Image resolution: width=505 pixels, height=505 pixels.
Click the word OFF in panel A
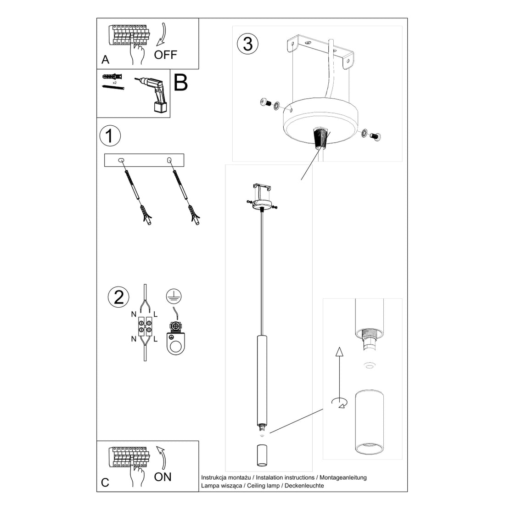[165, 55]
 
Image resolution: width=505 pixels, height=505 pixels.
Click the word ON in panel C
[163, 477]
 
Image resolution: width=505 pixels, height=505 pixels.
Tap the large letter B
[180, 83]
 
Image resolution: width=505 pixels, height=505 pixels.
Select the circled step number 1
[110, 136]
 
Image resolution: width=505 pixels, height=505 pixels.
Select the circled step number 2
[118, 297]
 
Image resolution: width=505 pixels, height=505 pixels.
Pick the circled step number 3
[247, 44]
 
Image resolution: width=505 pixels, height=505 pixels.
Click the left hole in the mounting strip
[121, 160]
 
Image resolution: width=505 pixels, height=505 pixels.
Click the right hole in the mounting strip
[169, 160]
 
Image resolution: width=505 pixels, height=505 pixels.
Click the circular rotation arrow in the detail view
[339, 403]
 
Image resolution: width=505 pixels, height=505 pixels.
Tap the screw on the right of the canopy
[374, 135]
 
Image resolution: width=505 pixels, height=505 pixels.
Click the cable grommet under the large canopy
[320, 138]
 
